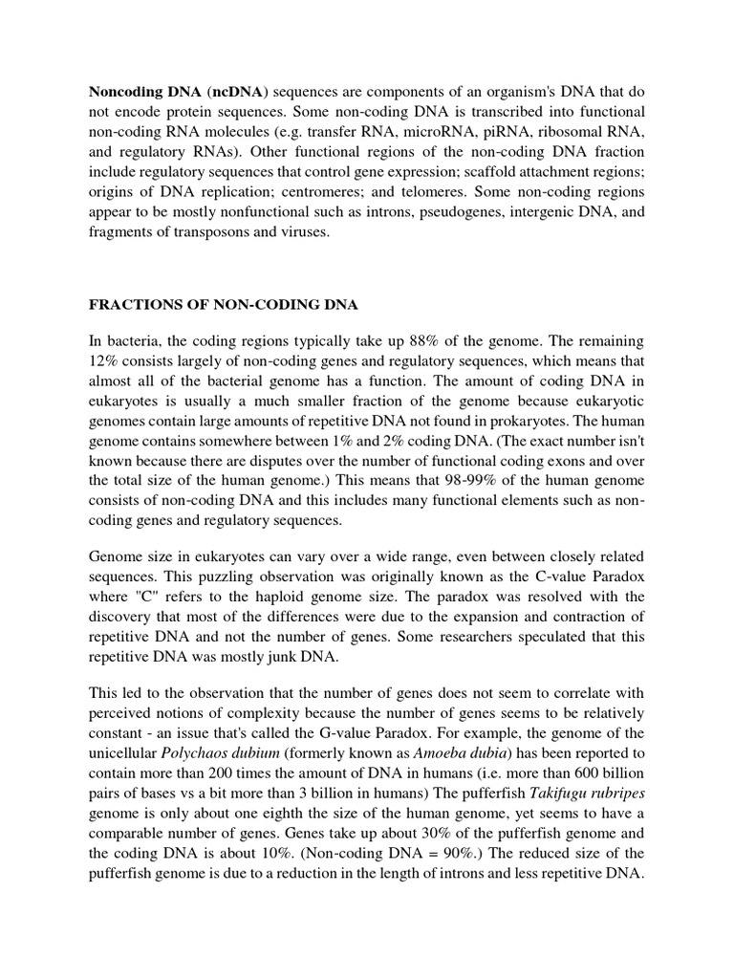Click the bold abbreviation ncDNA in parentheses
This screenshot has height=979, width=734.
coord(235,91)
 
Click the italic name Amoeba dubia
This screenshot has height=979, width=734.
coord(464,736)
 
